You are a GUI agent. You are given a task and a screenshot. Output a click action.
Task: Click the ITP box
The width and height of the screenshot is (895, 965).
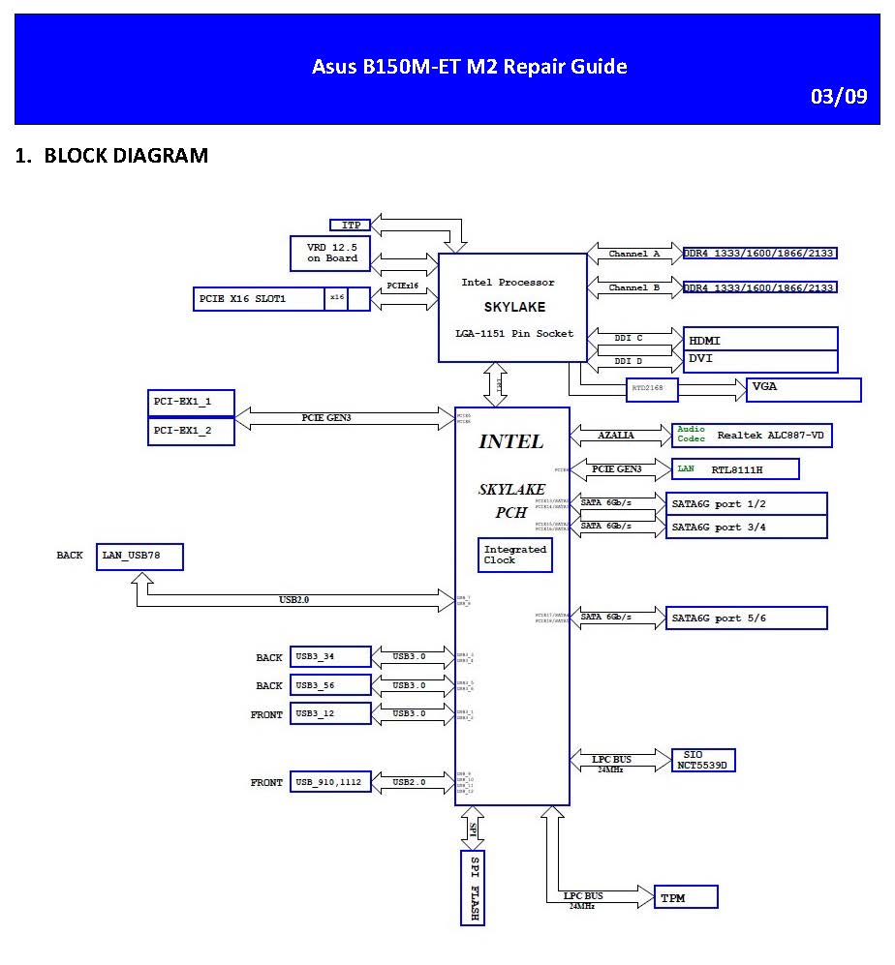click(351, 226)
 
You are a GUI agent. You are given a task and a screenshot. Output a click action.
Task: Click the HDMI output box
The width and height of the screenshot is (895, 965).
click(760, 340)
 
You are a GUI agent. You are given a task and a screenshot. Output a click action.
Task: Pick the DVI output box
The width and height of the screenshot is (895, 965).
click(760, 361)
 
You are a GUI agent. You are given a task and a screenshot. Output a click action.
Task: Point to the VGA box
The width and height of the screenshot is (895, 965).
click(804, 389)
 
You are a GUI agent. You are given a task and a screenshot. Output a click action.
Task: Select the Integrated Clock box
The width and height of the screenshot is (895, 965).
click(515, 555)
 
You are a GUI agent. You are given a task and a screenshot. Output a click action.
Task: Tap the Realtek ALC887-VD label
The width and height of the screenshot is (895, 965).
click(770, 436)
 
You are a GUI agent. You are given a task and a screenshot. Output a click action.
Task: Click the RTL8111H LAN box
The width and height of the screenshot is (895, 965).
click(736, 469)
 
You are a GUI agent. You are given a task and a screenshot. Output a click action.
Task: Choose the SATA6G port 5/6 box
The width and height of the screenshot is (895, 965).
click(747, 618)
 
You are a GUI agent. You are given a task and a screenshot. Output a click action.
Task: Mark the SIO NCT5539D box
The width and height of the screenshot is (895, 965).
click(704, 759)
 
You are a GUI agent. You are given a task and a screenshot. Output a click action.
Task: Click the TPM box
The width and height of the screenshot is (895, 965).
click(686, 898)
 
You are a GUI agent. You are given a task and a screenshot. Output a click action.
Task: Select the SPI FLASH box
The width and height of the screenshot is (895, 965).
click(473, 889)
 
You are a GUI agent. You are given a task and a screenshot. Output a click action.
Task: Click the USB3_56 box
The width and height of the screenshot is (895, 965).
click(330, 685)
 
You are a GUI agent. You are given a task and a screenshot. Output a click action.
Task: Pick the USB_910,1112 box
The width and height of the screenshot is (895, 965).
click(330, 782)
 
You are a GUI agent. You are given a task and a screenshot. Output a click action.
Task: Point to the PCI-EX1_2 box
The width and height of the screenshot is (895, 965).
click(191, 431)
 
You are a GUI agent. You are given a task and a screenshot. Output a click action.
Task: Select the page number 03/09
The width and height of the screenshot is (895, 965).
click(838, 98)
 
